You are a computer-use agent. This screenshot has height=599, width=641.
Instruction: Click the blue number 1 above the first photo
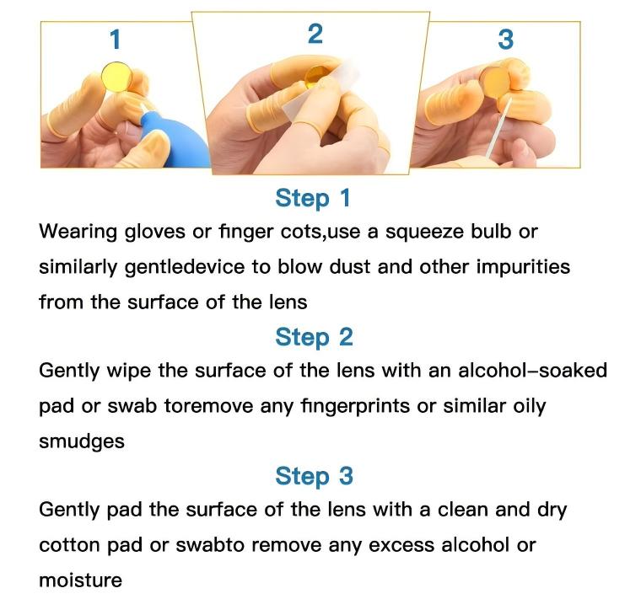[x=116, y=40]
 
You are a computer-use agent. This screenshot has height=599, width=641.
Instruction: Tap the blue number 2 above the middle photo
[x=315, y=34]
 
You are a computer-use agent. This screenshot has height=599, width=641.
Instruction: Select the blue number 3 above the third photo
[x=506, y=40]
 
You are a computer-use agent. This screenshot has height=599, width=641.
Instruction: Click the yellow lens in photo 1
[x=117, y=77]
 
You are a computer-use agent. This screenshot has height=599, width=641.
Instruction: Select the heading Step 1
[x=313, y=198]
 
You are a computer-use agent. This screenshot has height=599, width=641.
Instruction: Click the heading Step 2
[x=314, y=337]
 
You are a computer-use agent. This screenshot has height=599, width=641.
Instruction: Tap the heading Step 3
[x=314, y=476]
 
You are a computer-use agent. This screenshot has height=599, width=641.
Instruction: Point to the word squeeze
[x=425, y=233]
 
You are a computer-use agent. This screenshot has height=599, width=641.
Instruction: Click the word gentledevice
[x=185, y=267]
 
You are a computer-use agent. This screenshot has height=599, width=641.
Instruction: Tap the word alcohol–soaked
[x=532, y=371]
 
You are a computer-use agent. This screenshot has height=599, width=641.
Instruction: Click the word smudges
[x=82, y=441]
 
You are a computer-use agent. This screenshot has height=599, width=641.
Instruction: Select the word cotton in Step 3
[x=69, y=545]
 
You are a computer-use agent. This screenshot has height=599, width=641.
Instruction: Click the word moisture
[x=80, y=580]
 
